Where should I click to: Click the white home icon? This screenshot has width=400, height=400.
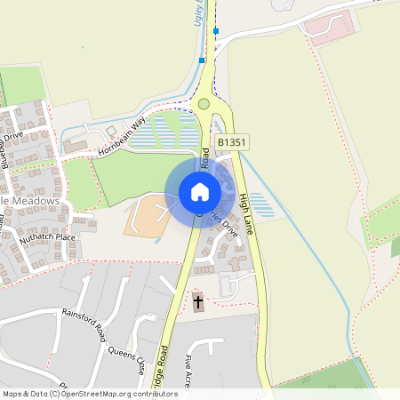tap(200, 191)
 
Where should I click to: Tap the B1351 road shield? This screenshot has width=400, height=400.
tap(231, 142)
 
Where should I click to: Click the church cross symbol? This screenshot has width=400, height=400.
tap(197, 303)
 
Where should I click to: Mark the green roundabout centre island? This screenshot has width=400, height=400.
tap(204, 104)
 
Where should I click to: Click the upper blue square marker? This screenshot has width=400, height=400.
tap(216, 31)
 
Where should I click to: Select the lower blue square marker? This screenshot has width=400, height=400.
tap(202, 60)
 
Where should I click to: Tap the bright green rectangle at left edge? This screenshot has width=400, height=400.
tap(22, 85)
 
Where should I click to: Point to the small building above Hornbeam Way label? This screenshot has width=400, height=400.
tap(112, 130)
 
